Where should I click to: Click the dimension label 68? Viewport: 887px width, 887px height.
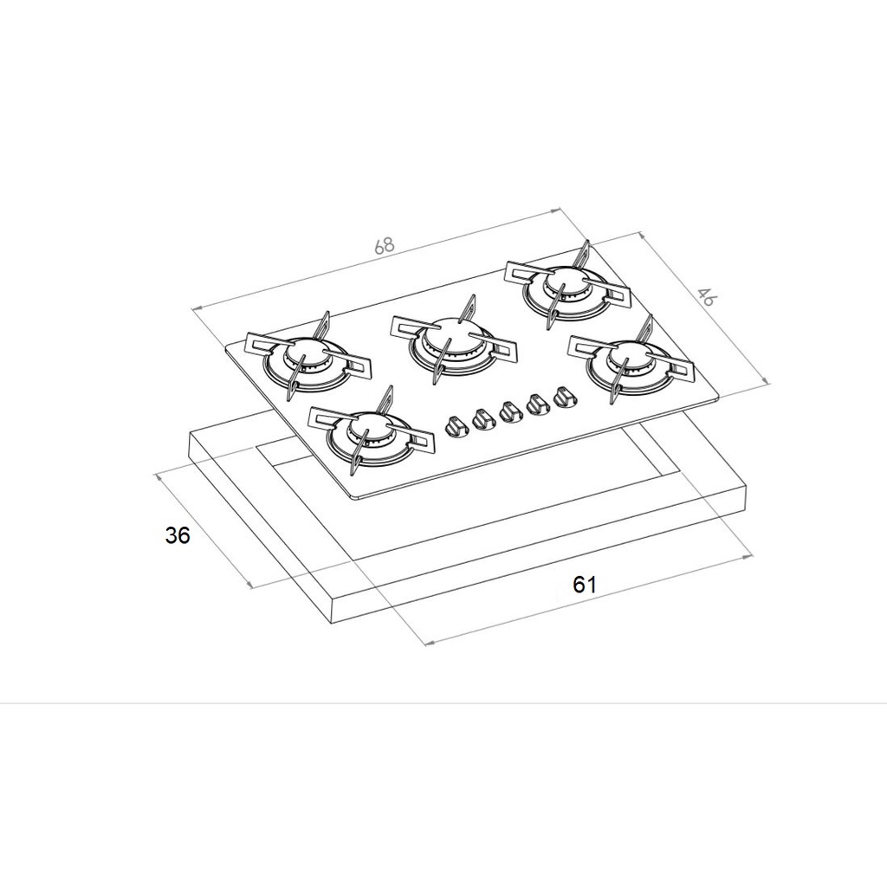coord(384,245)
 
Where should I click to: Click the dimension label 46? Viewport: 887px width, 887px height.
coord(705,296)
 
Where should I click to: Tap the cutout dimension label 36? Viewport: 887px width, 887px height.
coord(178,534)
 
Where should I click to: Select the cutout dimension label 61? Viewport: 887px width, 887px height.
coord(585,585)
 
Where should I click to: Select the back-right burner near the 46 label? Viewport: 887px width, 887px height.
coord(568,286)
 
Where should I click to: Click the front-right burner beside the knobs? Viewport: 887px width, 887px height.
coord(631,359)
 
